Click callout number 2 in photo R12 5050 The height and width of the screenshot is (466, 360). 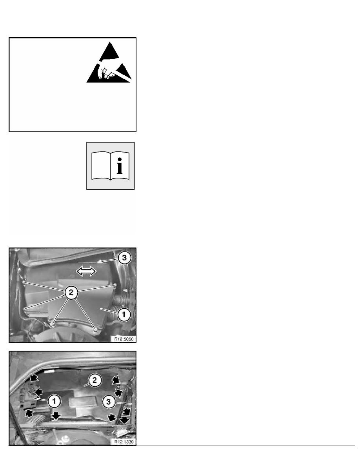[x=71, y=292]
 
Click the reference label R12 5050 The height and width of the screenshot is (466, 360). [x=123, y=338]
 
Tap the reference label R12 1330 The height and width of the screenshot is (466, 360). [x=123, y=441]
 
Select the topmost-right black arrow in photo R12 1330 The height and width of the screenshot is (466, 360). [x=116, y=380]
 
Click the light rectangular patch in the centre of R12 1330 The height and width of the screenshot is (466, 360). [x=84, y=403]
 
